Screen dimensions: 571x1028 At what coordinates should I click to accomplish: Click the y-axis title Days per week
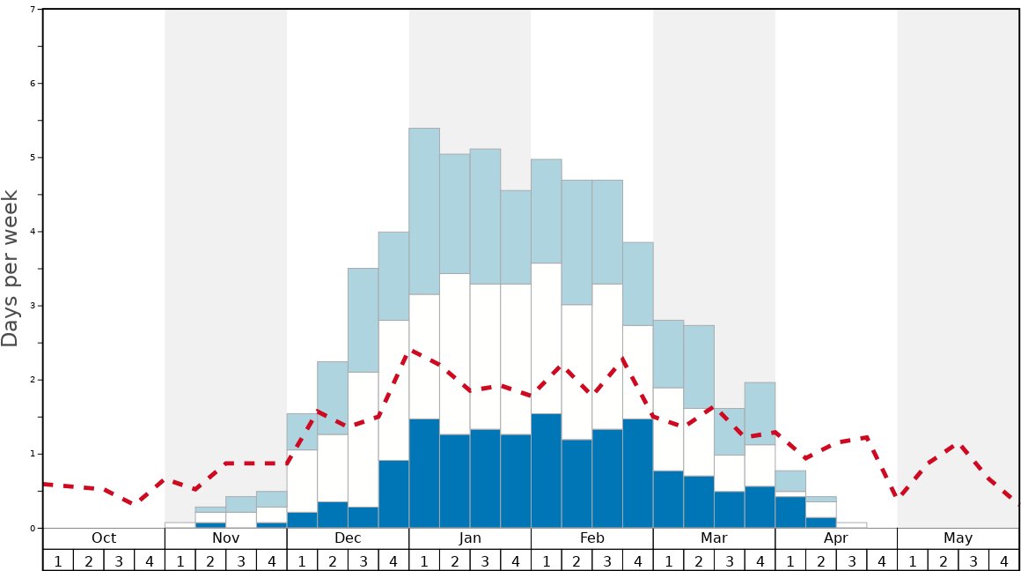click(11, 268)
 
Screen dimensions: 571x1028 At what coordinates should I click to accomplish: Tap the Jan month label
click(470, 538)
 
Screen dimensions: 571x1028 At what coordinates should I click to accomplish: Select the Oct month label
click(104, 538)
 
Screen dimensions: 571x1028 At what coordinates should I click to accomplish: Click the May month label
click(958, 538)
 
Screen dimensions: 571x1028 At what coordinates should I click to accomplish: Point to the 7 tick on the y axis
click(33, 10)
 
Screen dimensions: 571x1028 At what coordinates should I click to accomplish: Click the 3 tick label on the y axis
click(33, 306)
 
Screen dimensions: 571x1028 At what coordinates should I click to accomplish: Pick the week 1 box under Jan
click(424, 560)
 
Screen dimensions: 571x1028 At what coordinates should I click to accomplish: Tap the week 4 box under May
click(1004, 560)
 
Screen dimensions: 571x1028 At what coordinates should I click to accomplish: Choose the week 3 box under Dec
click(363, 560)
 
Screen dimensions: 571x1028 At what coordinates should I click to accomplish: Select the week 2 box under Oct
click(89, 560)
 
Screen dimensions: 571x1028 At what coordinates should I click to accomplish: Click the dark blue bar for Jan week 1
click(424, 473)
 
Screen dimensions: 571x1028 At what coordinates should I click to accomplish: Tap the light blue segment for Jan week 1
click(424, 211)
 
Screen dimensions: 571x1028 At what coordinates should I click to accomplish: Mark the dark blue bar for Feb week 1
click(547, 471)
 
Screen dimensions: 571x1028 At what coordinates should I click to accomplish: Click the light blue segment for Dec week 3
click(363, 320)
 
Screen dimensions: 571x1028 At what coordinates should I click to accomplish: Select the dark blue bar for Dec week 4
click(393, 493)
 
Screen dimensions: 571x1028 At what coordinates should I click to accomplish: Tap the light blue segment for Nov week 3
click(241, 504)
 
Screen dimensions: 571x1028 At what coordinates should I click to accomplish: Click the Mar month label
click(714, 538)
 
